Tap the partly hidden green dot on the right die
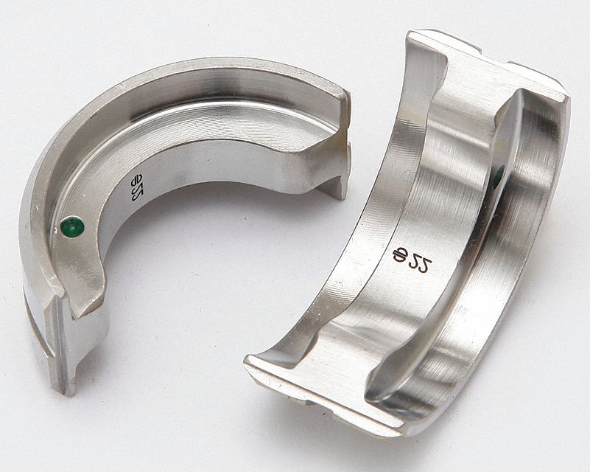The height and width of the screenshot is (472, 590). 499,176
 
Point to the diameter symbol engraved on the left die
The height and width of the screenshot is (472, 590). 135,180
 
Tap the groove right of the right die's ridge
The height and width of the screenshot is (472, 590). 508,243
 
